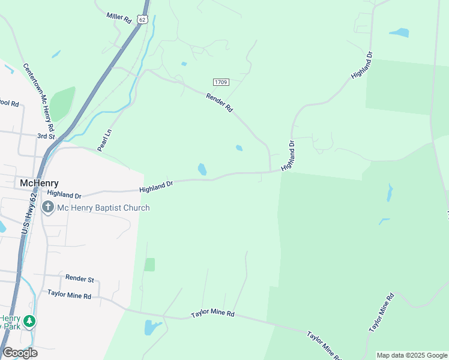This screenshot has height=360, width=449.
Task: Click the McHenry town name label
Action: pos(40,182)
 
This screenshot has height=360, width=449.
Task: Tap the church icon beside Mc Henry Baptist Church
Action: pos(49,208)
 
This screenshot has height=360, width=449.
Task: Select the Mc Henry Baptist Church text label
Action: pos(103,208)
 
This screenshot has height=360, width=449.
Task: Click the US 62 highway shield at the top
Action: pos(142,19)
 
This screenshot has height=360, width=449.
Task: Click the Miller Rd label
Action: pos(119,18)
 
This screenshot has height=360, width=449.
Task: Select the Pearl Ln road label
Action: pos(105,140)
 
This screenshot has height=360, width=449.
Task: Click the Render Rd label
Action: pos(219,103)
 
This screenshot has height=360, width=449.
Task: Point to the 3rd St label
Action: pos(46,136)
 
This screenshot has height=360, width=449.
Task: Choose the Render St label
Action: pos(80,278)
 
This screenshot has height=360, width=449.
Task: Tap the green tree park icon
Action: pos(29,321)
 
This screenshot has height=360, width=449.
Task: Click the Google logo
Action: pos(20,353)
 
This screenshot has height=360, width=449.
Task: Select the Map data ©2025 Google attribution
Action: pos(412,355)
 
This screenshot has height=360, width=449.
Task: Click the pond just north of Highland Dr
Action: pos(202,169)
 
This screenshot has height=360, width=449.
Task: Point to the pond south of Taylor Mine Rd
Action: pos(151,328)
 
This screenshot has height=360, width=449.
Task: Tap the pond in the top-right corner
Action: pos(399,32)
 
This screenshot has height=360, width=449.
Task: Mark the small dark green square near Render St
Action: pos(149,265)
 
